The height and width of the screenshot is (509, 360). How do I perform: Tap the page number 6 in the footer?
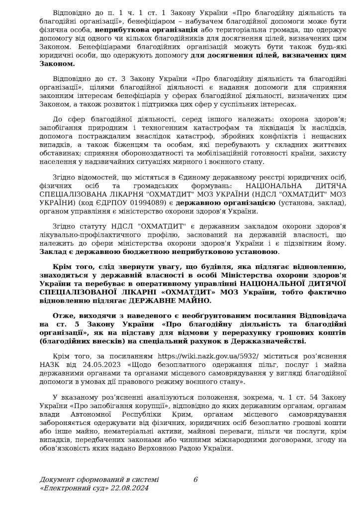pyautogui.click(x=195, y=480)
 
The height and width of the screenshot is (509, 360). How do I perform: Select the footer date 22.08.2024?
pyautogui.click(x=129, y=488)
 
